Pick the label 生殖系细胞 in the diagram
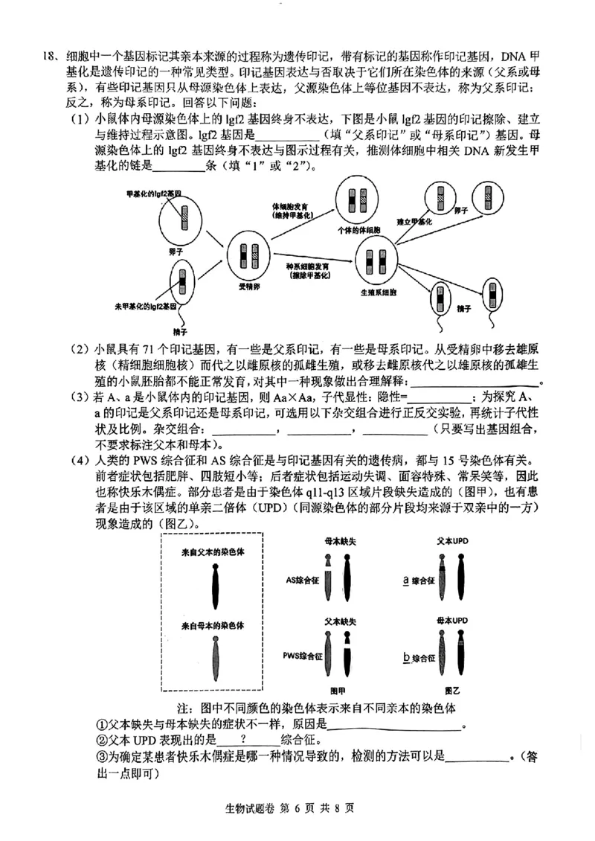[x=377, y=292]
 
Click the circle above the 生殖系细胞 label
[x=379, y=262]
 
